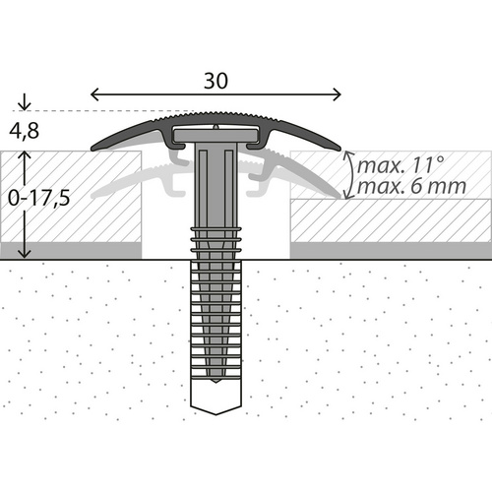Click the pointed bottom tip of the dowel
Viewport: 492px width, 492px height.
coord(215,407)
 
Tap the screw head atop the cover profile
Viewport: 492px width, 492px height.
coord(215,128)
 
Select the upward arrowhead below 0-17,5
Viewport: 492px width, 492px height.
coord(25,254)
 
